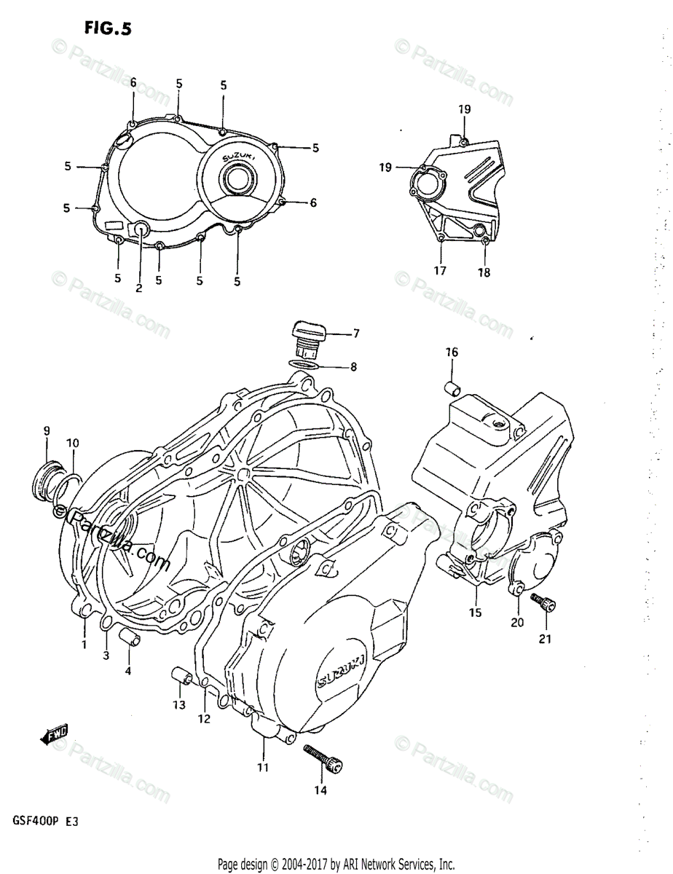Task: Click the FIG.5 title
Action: [x=108, y=29]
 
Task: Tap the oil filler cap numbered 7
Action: [x=307, y=336]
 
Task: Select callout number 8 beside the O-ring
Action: [x=353, y=367]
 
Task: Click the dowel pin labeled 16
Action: [x=452, y=387]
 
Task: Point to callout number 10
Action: [x=73, y=444]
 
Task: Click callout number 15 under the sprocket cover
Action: [x=475, y=613]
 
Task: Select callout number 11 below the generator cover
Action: [x=262, y=767]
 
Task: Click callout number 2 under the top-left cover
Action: [x=138, y=288]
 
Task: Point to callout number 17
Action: [x=439, y=271]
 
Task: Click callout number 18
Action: [x=484, y=273]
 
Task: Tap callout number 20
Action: [x=517, y=623]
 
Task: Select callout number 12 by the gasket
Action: [x=203, y=719]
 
